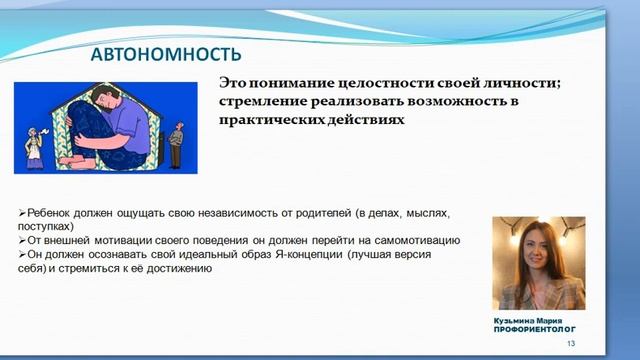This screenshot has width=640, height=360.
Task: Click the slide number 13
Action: point(571,344)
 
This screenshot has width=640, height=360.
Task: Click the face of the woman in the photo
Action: point(539,251)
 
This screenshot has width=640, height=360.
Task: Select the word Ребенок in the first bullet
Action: point(50,213)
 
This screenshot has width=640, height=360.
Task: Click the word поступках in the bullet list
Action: point(44,226)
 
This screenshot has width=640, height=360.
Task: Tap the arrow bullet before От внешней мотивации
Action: point(23,240)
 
